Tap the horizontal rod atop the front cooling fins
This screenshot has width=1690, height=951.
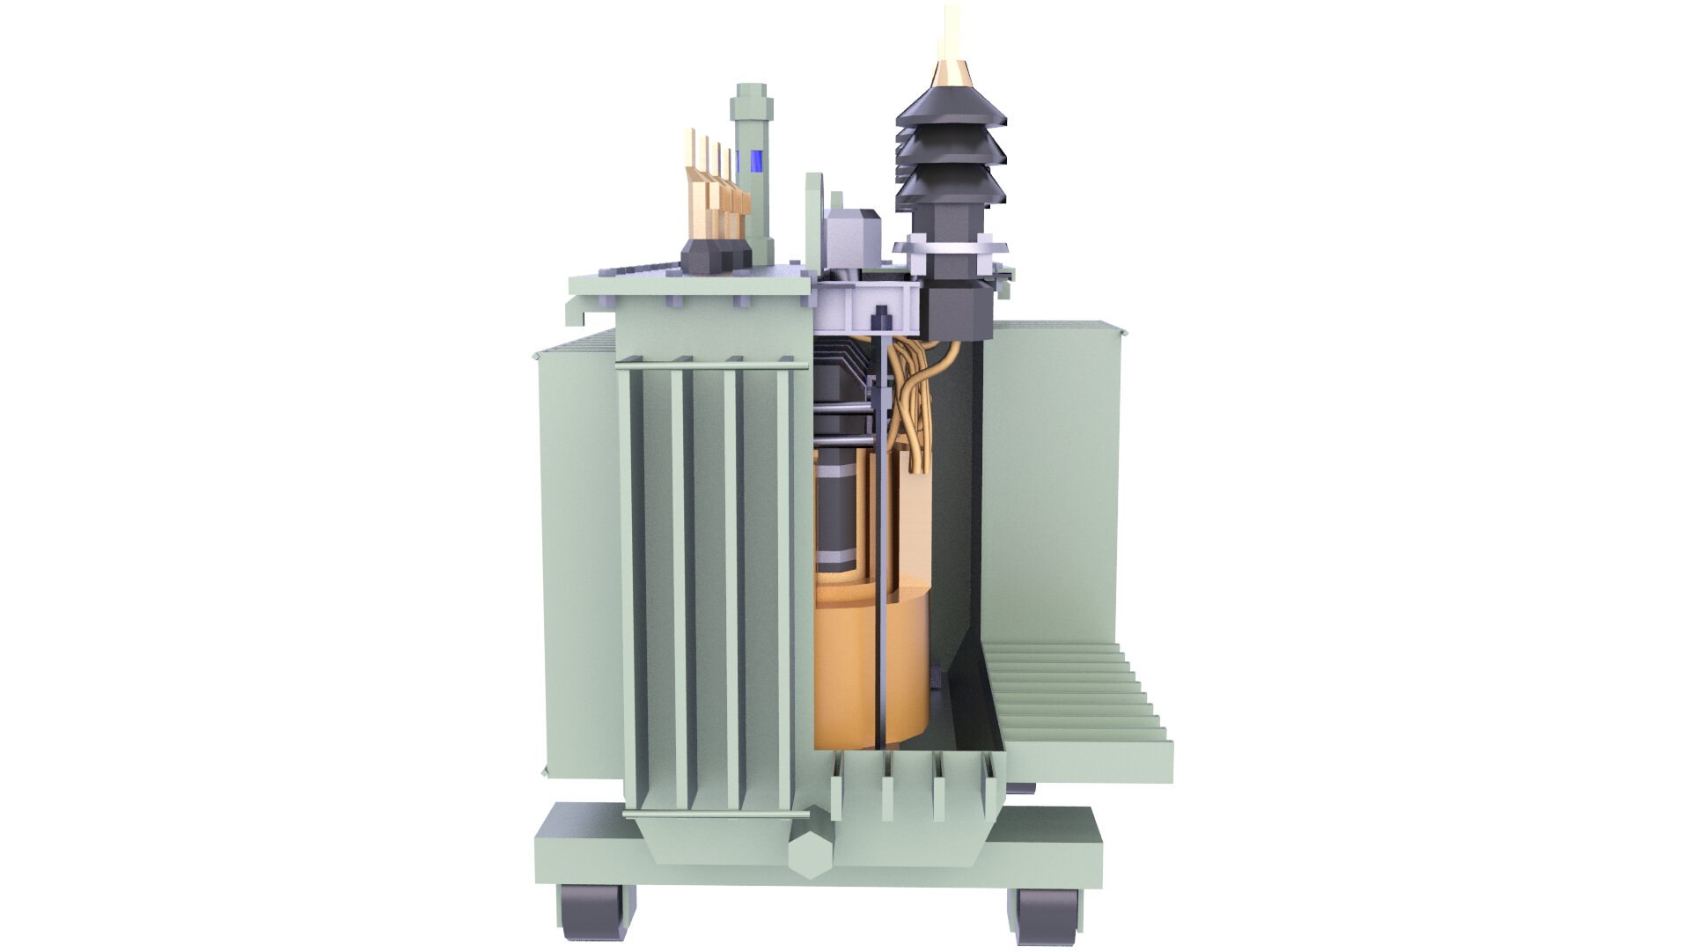tap(709, 364)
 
